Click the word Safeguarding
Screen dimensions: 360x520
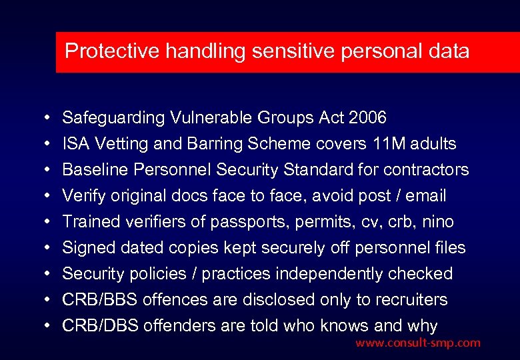(113, 118)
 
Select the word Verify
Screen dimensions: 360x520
(81, 196)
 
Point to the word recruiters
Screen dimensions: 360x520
(408, 300)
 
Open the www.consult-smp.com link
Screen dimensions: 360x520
(417, 343)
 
